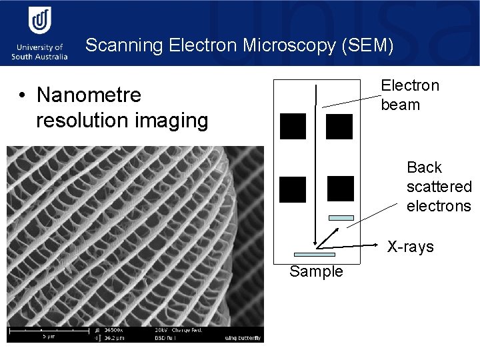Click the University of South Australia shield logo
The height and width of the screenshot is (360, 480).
[x=40, y=22]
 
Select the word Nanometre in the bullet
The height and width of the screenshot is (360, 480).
[x=89, y=95]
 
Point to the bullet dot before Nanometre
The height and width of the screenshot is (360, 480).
[x=23, y=96]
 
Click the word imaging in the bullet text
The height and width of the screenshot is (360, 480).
[x=173, y=121]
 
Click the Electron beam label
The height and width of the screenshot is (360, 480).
[x=409, y=95]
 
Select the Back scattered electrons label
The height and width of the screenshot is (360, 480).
[x=438, y=186]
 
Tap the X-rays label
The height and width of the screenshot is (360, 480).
[x=411, y=247]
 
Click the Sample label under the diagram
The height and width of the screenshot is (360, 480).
[x=316, y=271]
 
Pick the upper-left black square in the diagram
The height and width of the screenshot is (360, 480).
[x=293, y=126]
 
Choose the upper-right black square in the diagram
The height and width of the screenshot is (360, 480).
[x=339, y=126]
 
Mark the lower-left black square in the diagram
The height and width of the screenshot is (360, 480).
[x=293, y=189]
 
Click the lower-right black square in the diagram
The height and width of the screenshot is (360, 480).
[x=341, y=189]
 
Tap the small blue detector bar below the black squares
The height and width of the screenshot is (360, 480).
[x=341, y=217]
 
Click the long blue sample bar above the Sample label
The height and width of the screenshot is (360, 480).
[x=315, y=254]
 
